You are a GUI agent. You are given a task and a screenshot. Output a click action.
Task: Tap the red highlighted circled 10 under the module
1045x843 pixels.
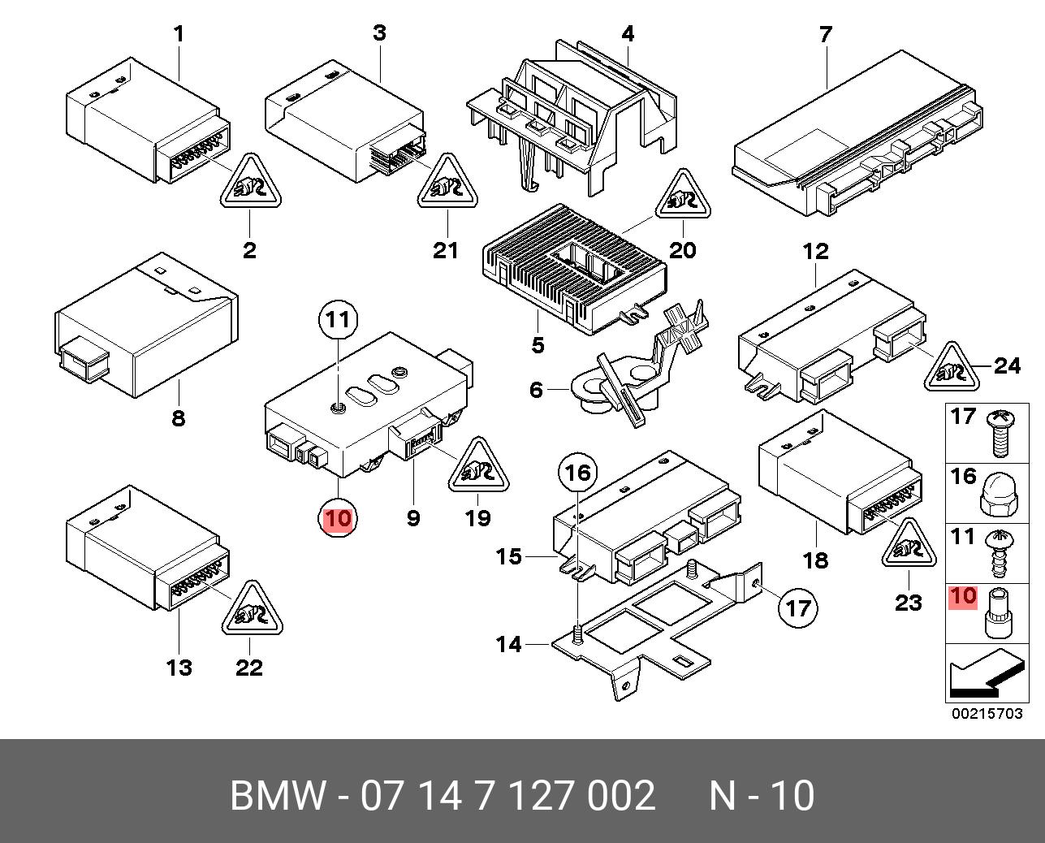click(x=338, y=517)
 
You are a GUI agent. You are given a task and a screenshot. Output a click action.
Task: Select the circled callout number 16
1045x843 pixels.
click(x=577, y=472)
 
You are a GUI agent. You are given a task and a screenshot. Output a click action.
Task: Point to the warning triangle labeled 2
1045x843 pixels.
click(x=250, y=185)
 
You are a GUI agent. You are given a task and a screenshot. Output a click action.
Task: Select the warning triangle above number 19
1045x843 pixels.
click(x=478, y=469)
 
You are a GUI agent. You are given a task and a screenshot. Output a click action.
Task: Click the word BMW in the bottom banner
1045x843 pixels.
click(x=277, y=796)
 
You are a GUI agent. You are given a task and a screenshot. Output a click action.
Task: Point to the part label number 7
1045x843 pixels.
click(x=825, y=36)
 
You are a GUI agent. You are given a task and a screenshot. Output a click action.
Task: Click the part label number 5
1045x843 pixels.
click(x=538, y=344)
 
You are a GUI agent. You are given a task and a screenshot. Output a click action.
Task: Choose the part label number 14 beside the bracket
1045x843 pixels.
click(x=509, y=644)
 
